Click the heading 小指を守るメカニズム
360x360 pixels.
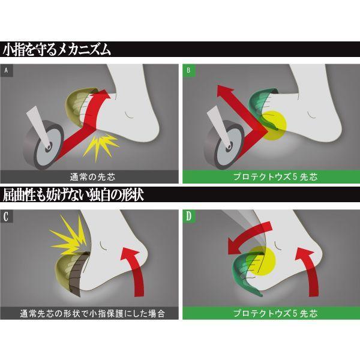click(x=57, y=49)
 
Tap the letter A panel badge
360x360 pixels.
click(x=7, y=71)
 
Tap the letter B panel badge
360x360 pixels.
click(x=188, y=71)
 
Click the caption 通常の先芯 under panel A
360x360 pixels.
click(x=90, y=176)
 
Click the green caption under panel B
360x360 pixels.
click(x=270, y=176)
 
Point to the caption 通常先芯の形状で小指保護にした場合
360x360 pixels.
click(x=90, y=313)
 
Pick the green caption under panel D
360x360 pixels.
click(x=270, y=313)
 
